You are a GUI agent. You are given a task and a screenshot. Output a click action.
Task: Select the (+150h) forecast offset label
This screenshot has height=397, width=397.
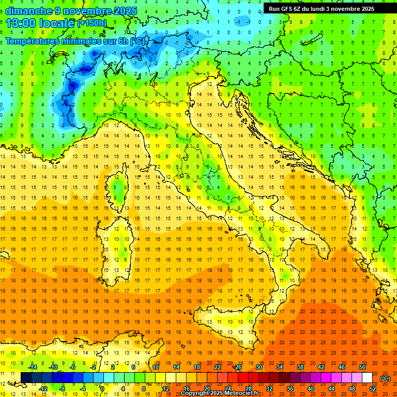coord(92,23)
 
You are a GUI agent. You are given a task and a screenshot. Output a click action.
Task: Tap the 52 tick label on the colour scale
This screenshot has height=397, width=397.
coord(373,388)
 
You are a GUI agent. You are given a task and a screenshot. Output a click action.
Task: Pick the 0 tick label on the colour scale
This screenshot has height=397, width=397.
coord(102,388)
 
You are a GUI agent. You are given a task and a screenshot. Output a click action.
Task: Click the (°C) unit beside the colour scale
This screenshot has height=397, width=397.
coord(385,378)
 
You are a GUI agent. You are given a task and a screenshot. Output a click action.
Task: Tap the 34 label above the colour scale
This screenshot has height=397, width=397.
coord(279,367)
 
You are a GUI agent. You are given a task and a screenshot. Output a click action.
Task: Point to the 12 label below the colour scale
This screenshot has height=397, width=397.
coord(166,388)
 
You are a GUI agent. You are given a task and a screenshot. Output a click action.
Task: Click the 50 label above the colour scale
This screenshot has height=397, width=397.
coord(362,367)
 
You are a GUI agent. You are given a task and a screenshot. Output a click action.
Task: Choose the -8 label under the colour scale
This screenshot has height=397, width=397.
coord(63,388)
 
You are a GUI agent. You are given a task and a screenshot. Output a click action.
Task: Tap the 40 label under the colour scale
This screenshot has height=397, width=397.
coord(311,388)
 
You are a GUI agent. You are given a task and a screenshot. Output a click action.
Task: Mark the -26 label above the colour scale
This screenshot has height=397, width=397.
coord(237,367)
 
